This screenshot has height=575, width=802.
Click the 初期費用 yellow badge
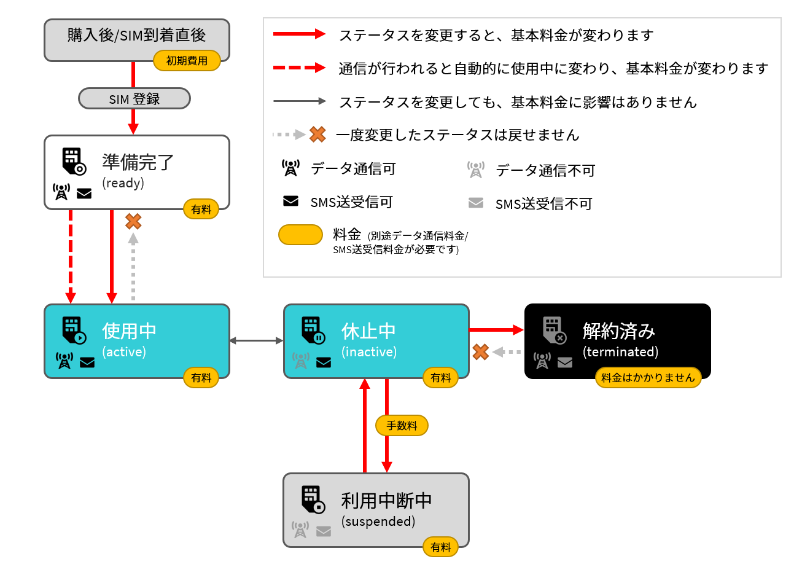pos(187,61)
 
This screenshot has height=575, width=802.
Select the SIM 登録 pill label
pos(134,98)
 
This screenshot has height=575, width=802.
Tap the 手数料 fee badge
pos(402,425)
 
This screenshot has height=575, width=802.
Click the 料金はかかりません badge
pos(648,377)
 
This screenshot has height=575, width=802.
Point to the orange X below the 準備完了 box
pos(133,221)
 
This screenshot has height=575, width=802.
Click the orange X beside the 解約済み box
pos(480,352)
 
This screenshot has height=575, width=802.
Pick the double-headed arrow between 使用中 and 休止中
pos(256,341)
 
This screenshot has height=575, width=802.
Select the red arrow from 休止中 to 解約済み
pos(497,330)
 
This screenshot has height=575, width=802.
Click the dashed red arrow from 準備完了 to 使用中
pos(71,257)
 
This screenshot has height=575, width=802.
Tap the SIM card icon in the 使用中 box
pos(74,331)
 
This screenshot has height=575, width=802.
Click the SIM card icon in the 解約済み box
pos(555,331)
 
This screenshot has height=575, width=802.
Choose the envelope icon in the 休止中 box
pos(324,362)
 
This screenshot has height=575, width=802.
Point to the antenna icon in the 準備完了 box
pos(61,192)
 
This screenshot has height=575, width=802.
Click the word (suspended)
pos(378,522)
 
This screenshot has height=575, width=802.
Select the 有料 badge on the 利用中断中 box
pos(441,547)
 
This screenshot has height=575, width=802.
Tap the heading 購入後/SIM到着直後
pos(136,35)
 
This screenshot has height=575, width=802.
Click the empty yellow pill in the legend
pos(300,235)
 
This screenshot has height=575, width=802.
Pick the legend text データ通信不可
pos(545,170)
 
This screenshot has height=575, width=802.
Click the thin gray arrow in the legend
pos(299,101)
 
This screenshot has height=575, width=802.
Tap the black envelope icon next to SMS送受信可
pos(290,201)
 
